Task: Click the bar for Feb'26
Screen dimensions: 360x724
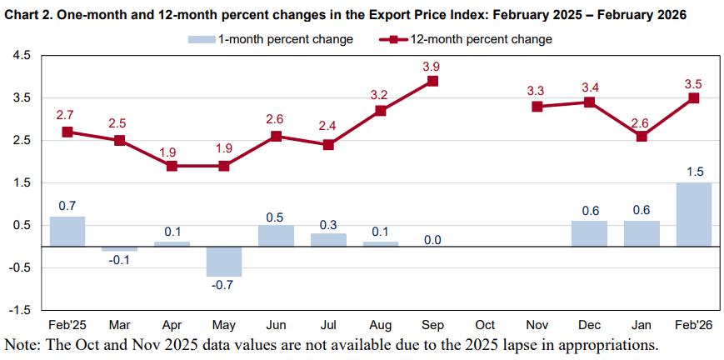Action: click(693, 214)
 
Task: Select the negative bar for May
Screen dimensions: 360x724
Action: click(224, 261)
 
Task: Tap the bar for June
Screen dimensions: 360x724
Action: click(276, 236)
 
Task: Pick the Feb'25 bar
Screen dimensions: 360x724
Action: click(67, 231)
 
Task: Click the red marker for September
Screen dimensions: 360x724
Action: click(432, 81)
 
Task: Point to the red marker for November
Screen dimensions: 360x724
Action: click(537, 107)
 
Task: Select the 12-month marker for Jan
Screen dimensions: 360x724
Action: click(642, 136)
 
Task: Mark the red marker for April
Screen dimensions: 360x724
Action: click(172, 166)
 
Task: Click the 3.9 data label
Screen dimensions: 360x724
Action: click(432, 64)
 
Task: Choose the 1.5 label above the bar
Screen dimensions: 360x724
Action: click(693, 172)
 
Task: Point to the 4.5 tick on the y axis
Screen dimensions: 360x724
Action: click(22, 55)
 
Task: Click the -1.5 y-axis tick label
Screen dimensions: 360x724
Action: click(20, 309)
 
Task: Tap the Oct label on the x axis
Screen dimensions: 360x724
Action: click(485, 325)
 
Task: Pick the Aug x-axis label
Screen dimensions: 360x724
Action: click(381, 325)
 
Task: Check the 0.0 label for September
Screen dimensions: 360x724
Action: click(432, 240)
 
